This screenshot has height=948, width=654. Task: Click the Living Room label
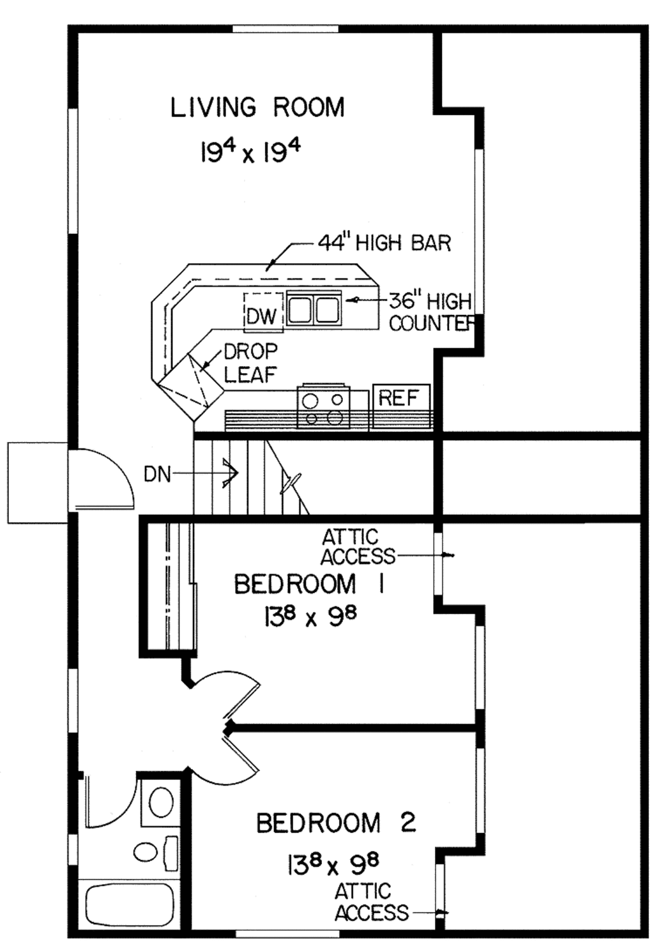257,107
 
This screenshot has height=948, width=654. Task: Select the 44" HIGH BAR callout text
384,243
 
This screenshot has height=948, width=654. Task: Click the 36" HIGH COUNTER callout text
430,312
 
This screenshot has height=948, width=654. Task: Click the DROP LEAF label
250,363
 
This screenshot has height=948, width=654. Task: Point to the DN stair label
156,474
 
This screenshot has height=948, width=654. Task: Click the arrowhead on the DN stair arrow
231,473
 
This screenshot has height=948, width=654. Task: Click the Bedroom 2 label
336,823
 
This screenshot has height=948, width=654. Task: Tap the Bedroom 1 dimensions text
309,617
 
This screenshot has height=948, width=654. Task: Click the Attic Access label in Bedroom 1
357,547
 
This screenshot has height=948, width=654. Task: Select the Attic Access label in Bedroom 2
371,903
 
